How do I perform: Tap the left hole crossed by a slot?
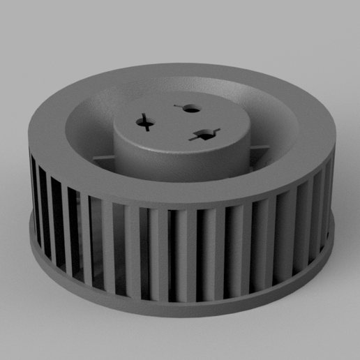[x=146, y=122]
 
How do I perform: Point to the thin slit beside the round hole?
[x=177, y=106]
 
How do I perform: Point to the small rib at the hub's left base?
[x=103, y=156]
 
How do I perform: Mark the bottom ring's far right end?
[x=330, y=234]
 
